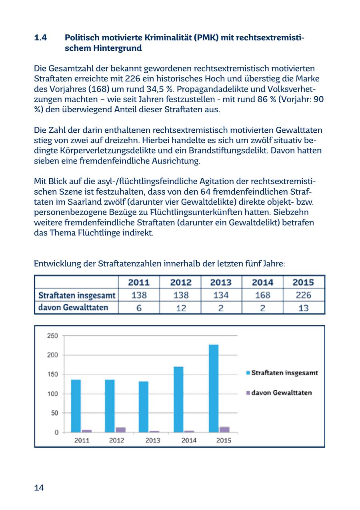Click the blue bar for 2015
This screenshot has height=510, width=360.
(x=214, y=388)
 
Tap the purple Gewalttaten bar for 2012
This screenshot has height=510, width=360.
(x=120, y=430)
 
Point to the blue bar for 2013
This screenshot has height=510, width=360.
(x=144, y=406)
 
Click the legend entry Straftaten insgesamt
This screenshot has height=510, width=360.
(x=284, y=373)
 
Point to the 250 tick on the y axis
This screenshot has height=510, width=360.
(x=53, y=336)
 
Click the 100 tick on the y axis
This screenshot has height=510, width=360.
(x=53, y=394)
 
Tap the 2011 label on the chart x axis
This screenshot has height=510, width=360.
(x=82, y=440)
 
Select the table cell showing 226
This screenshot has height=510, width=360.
(x=303, y=295)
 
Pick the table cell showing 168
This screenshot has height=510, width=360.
(x=262, y=295)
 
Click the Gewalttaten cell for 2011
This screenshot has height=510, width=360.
(x=138, y=308)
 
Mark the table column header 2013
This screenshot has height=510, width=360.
(x=221, y=282)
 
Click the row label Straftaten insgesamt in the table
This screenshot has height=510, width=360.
(x=76, y=295)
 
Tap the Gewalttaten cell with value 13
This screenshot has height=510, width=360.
(x=303, y=308)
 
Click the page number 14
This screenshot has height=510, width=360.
(x=39, y=488)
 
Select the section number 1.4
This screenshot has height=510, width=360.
(x=40, y=38)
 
